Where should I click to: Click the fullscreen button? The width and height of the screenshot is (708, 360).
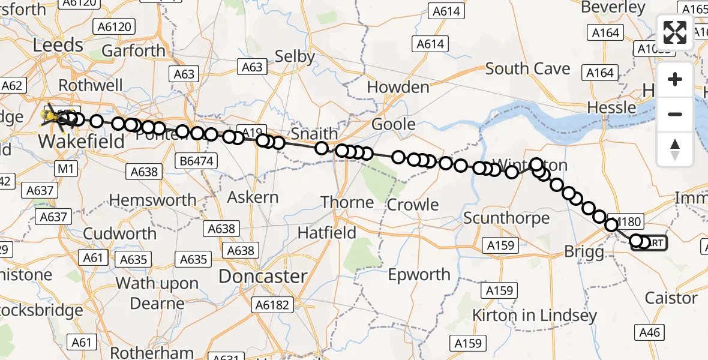(x=675, y=32)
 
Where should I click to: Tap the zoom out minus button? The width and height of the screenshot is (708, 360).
(x=675, y=114)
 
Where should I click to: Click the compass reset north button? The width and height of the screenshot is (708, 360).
(x=675, y=149)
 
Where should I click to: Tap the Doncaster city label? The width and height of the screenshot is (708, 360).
(x=263, y=276)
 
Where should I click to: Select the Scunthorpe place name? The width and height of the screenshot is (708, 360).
(x=506, y=218)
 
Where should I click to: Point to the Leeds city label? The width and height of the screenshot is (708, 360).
(x=58, y=45)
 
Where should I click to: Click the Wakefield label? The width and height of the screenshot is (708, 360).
(x=82, y=142)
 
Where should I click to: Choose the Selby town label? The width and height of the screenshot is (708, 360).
(x=295, y=56)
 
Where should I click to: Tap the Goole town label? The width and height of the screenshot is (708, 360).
(x=394, y=124)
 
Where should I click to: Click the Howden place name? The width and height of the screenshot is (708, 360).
(x=398, y=87)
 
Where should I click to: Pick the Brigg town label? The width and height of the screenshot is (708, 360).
(x=584, y=252)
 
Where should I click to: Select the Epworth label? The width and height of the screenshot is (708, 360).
(x=419, y=275)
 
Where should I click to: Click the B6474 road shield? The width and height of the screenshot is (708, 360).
(x=198, y=161)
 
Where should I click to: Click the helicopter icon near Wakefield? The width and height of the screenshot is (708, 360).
(x=53, y=116)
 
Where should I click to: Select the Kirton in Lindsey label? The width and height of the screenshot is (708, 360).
(x=534, y=315)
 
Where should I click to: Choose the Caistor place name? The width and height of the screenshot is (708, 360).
(x=671, y=298)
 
